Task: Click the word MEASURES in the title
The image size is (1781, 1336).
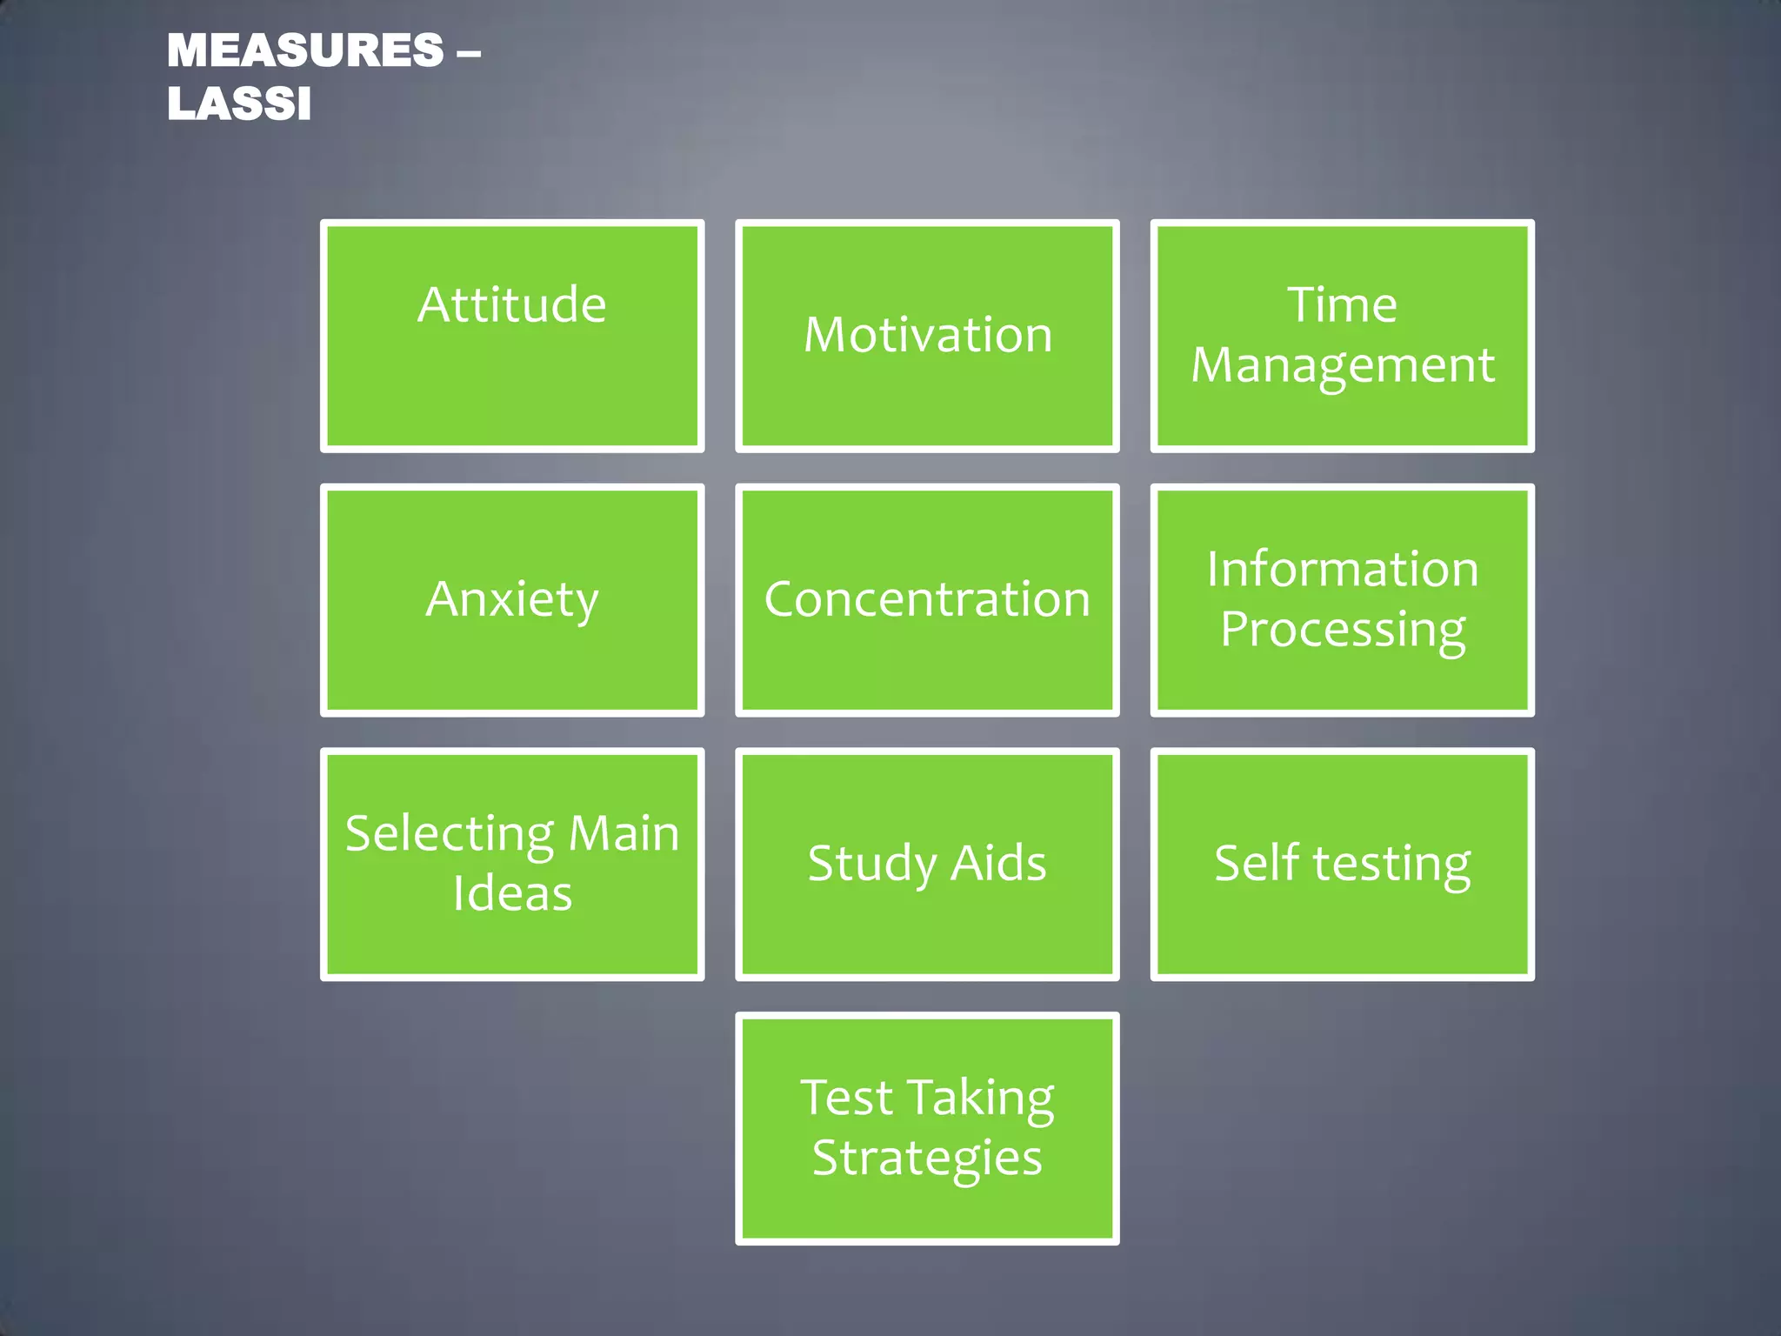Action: (305, 50)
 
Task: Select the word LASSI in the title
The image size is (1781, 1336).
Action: (239, 104)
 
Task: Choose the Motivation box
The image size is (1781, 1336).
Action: (928, 335)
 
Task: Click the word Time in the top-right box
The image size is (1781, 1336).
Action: (1342, 305)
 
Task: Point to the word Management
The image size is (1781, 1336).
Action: (1342, 365)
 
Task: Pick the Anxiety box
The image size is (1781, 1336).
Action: (512, 599)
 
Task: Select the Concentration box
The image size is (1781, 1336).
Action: (928, 599)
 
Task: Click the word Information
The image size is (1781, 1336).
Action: (1342, 570)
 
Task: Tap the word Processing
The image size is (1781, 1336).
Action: (1342, 630)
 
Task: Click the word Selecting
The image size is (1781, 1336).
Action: (450, 835)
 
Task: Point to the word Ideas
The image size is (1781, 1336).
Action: (512, 894)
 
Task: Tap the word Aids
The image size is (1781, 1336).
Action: (998, 864)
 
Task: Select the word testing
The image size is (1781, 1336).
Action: (1391, 865)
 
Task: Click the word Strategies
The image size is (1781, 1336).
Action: (928, 1159)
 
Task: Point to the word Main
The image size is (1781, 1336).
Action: (623, 833)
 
